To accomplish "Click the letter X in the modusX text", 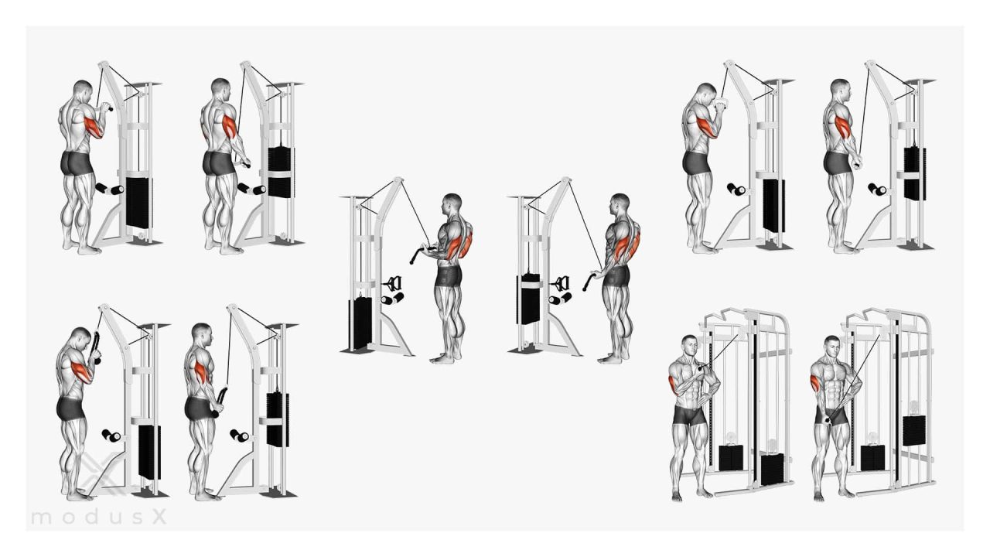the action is pos(159,516).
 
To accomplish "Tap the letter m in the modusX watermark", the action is pos(41,518).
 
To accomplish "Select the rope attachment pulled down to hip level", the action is pos(219,402).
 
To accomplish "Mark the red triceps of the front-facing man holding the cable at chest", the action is pos(673,384).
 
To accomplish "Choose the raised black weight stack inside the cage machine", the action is pos(914,430).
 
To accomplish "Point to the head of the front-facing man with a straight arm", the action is pos(831,347).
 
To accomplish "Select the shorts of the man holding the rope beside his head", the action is pos(70,408).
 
